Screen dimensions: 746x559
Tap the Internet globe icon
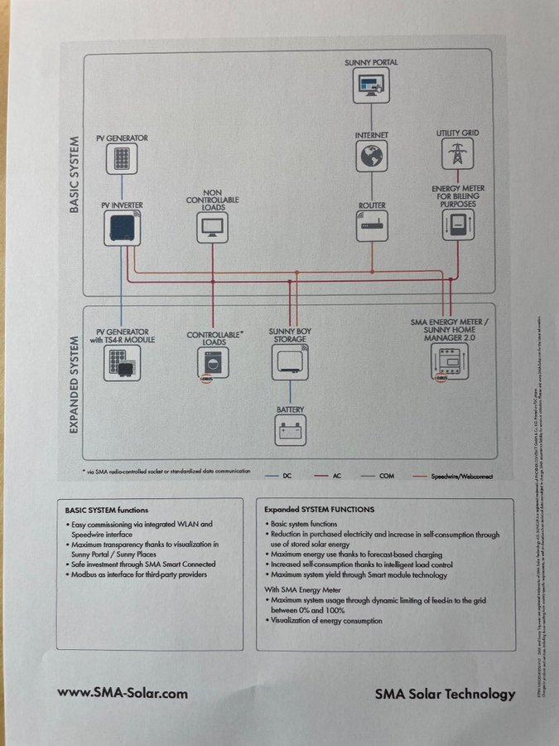coord(372,156)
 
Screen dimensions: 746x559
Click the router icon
coord(372,225)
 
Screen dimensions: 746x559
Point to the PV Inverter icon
coord(121,226)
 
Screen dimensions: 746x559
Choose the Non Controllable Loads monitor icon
coord(212,226)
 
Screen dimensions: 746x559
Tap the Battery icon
coord(291,430)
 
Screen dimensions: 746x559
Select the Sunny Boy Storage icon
coord(290,362)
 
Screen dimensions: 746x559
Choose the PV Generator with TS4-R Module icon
coord(121,363)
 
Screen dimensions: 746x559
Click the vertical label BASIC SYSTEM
coord(74,175)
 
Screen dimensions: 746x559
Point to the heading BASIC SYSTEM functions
coord(107,510)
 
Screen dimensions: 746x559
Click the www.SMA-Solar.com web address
coord(123,693)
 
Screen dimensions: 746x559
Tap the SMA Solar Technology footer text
coord(445,695)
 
